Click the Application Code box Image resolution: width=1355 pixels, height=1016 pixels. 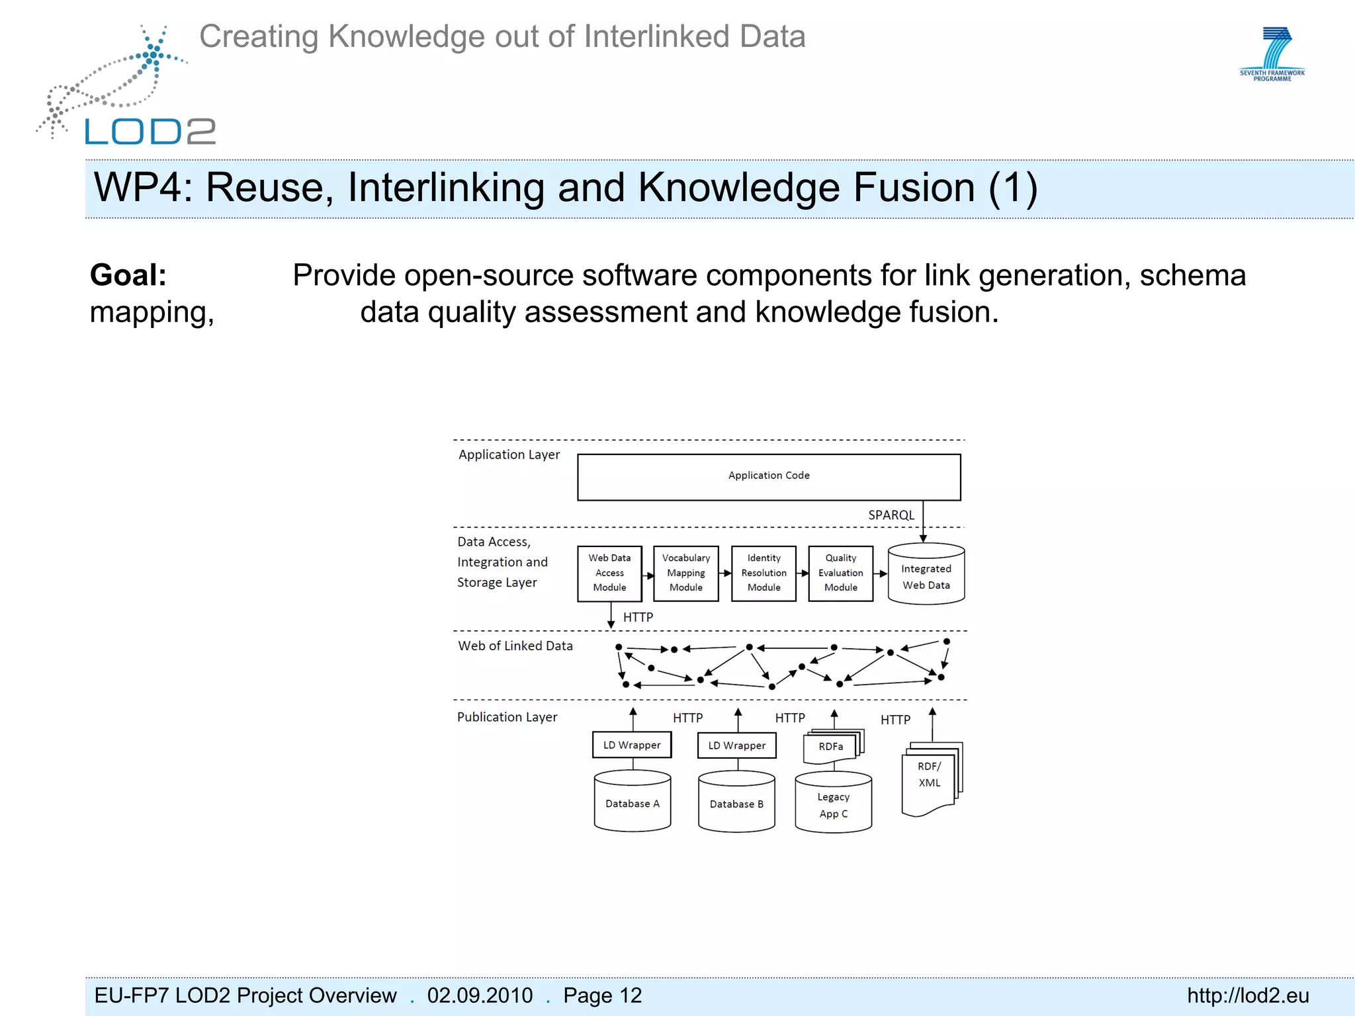click(769, 476)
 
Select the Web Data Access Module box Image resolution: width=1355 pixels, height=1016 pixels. click(609, 573)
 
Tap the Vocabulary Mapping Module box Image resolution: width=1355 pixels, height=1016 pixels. click(685, 573)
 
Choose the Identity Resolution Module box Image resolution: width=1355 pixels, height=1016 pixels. click(764, 573)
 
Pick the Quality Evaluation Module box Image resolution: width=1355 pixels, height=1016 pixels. click(840, 573)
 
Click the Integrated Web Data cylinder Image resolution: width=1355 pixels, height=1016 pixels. click(926, 575)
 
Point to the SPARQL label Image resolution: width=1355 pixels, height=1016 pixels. click(891, 515)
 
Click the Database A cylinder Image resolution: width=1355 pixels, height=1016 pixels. click(633, 802)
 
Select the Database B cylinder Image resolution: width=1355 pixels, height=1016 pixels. click(736, 802)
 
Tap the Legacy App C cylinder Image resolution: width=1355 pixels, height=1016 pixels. click(833, 804)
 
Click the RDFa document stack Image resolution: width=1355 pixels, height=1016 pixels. click(832, 746)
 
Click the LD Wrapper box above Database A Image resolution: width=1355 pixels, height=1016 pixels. click(632, 745)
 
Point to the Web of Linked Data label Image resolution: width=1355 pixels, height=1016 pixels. click(515, 646)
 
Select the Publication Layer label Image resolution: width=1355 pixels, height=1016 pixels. click(507, 717)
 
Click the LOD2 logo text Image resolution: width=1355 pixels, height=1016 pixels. click(150, 132)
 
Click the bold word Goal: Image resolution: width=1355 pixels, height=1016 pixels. click(128, 275)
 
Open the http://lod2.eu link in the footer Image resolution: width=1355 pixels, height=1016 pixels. click(1248, 995)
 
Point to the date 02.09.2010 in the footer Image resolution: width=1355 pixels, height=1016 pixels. click(480, 995)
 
